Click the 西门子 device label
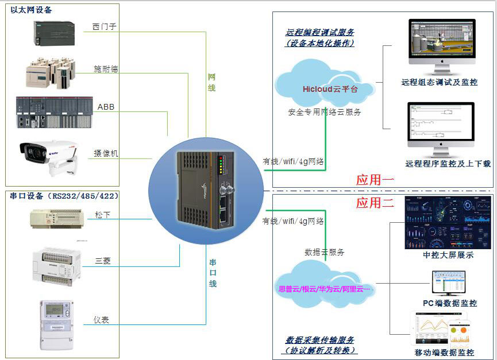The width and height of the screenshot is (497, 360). coord(105,27)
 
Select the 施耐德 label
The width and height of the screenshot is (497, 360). coord(106,69)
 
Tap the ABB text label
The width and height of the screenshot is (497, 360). coord(106,107)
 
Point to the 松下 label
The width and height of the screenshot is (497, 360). coord(102,215)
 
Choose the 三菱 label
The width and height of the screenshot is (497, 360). coord(103,261)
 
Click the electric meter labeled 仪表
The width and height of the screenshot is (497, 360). coord(57,324)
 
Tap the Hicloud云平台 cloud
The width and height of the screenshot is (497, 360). coord(327,88)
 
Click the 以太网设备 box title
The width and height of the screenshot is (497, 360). coord(31,10)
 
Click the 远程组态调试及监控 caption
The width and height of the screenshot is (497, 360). coord(440,82)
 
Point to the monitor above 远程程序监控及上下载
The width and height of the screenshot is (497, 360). coord(441,129)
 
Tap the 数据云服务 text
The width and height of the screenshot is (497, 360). coord(325,252)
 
